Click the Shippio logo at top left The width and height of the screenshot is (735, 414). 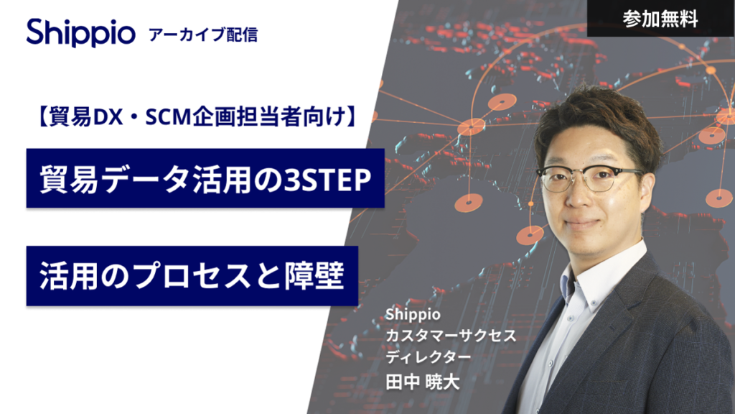click(80, 32)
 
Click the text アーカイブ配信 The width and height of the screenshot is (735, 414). click(203, 34)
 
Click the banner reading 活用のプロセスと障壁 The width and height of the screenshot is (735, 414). click(192, 275)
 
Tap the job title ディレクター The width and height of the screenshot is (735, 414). click(428, 356)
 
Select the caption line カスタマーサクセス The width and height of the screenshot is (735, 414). click(451, 335)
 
